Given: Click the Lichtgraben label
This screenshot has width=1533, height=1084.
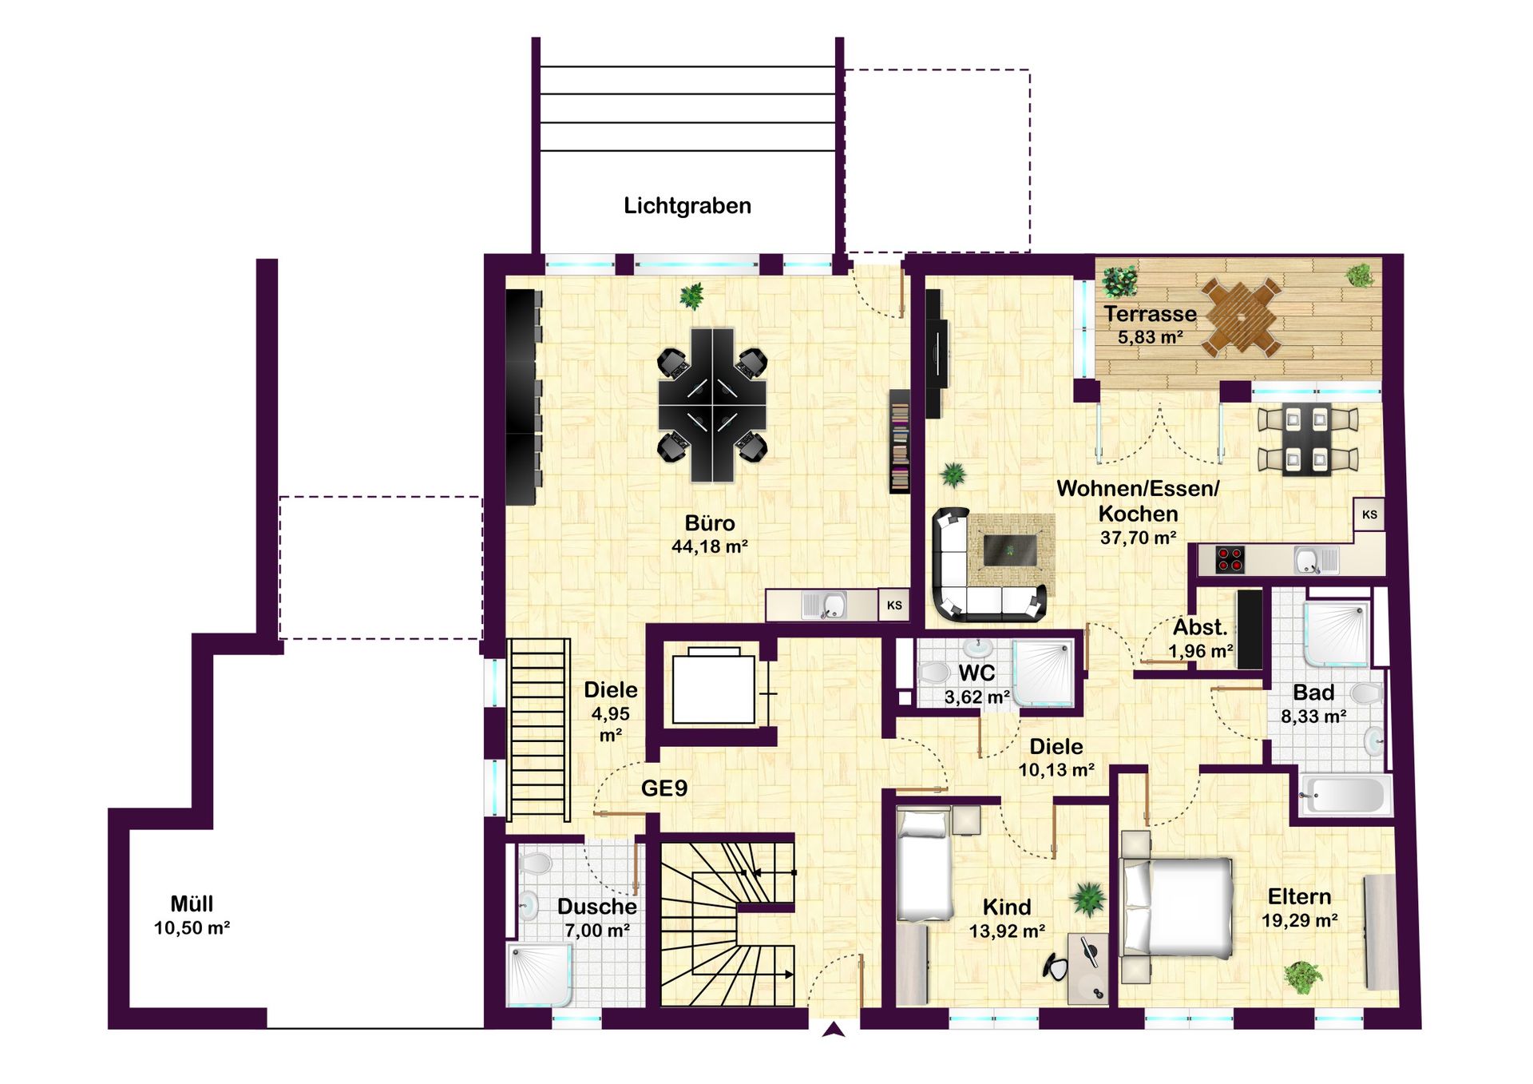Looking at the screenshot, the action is tap(687, 206).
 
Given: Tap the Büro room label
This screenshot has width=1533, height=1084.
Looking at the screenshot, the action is tap(709, 523).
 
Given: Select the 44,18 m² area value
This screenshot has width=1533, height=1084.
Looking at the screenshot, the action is tap(709, 547).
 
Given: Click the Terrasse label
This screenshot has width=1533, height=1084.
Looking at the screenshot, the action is tap(1150, 314).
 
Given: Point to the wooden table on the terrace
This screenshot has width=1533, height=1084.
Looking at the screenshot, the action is tap(1242, 316).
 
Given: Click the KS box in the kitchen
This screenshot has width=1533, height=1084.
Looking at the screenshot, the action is tap(1369, 514).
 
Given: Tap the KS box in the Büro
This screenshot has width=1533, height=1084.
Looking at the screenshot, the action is tap(894, 606).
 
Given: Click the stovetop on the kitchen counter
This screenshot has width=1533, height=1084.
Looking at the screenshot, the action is tap(1230, 559).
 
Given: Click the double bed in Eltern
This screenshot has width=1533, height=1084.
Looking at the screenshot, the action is tap(1176, 909).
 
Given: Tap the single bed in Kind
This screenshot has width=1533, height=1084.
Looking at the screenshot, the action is tap(924, 864).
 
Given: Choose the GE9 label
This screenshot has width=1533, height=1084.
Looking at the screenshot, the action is tap(664, 788).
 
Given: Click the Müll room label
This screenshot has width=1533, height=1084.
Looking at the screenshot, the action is tap(192, 903).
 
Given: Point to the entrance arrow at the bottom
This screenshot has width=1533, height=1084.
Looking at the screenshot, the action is tap(834, 1030).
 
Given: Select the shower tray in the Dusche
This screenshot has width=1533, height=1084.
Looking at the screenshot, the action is tap(540, 975).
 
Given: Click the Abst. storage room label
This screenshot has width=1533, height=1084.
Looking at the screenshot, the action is tap(1200, 627).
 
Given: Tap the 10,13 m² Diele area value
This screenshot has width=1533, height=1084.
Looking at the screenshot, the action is tap(1056, 771).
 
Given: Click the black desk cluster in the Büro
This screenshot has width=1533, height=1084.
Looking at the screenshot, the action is tap(712, 405).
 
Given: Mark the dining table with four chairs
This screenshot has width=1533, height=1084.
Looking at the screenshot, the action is tap(1308, 439).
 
